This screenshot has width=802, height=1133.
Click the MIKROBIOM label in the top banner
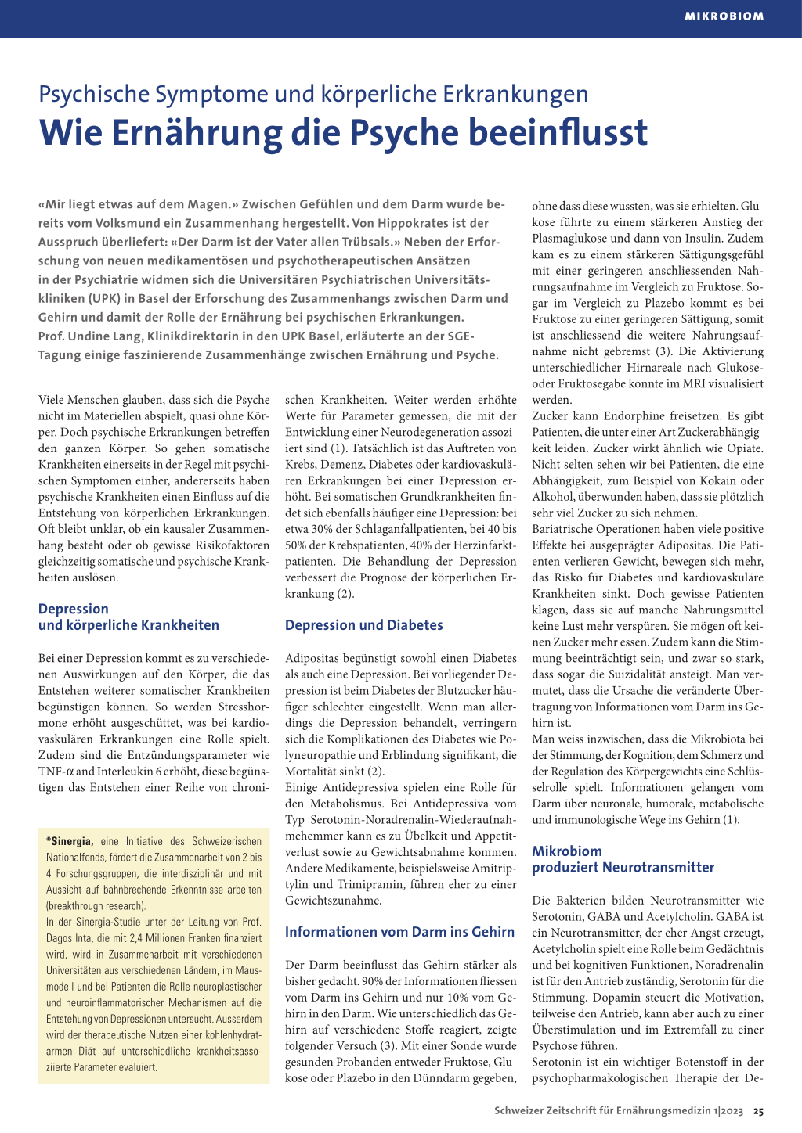pos(724,16)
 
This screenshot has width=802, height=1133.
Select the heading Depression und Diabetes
pos(363,625)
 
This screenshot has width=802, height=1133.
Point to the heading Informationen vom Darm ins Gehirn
pos(399,932)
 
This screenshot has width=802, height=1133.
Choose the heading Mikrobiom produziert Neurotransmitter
pos(623,859)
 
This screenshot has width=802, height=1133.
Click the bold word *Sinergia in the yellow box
pos(70,841)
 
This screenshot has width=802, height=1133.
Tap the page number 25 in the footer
pos(759,1111)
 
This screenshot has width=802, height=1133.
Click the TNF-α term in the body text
pos(56,772)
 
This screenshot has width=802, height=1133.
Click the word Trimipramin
pos(358,884)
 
